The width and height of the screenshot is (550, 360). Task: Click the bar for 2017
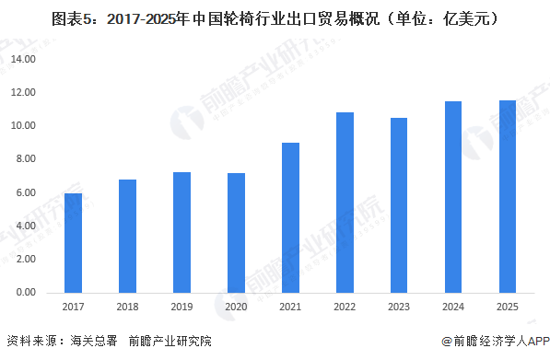pyautogui.click(x=73, y=243)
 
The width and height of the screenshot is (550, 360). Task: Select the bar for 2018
pyautogui.click(x=127, y=237)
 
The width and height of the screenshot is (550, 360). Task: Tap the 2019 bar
pyautogui.click(x=181, y=233)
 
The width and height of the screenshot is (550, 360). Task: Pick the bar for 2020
pyautogui.click(x=236, y=233)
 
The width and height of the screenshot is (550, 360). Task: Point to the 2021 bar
pyautogui.click(x=290, y=218)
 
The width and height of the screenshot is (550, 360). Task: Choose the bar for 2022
pyautogui.click(x=345, y=203)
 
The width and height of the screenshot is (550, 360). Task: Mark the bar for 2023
pyautogui.click(x=399, y=205)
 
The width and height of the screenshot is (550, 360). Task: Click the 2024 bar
pyautogui.click(x=453, y=197)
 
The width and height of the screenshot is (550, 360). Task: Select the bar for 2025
pyautogui.click(x=508, y=197)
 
